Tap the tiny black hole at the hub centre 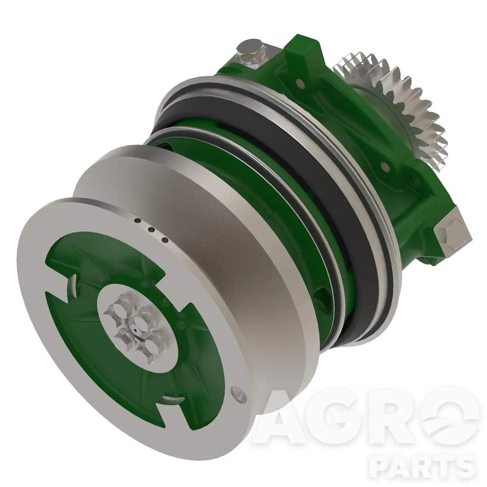pyautogui.click(x=136, y=330)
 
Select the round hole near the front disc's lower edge pyautogui.click(x=238, y=400)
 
